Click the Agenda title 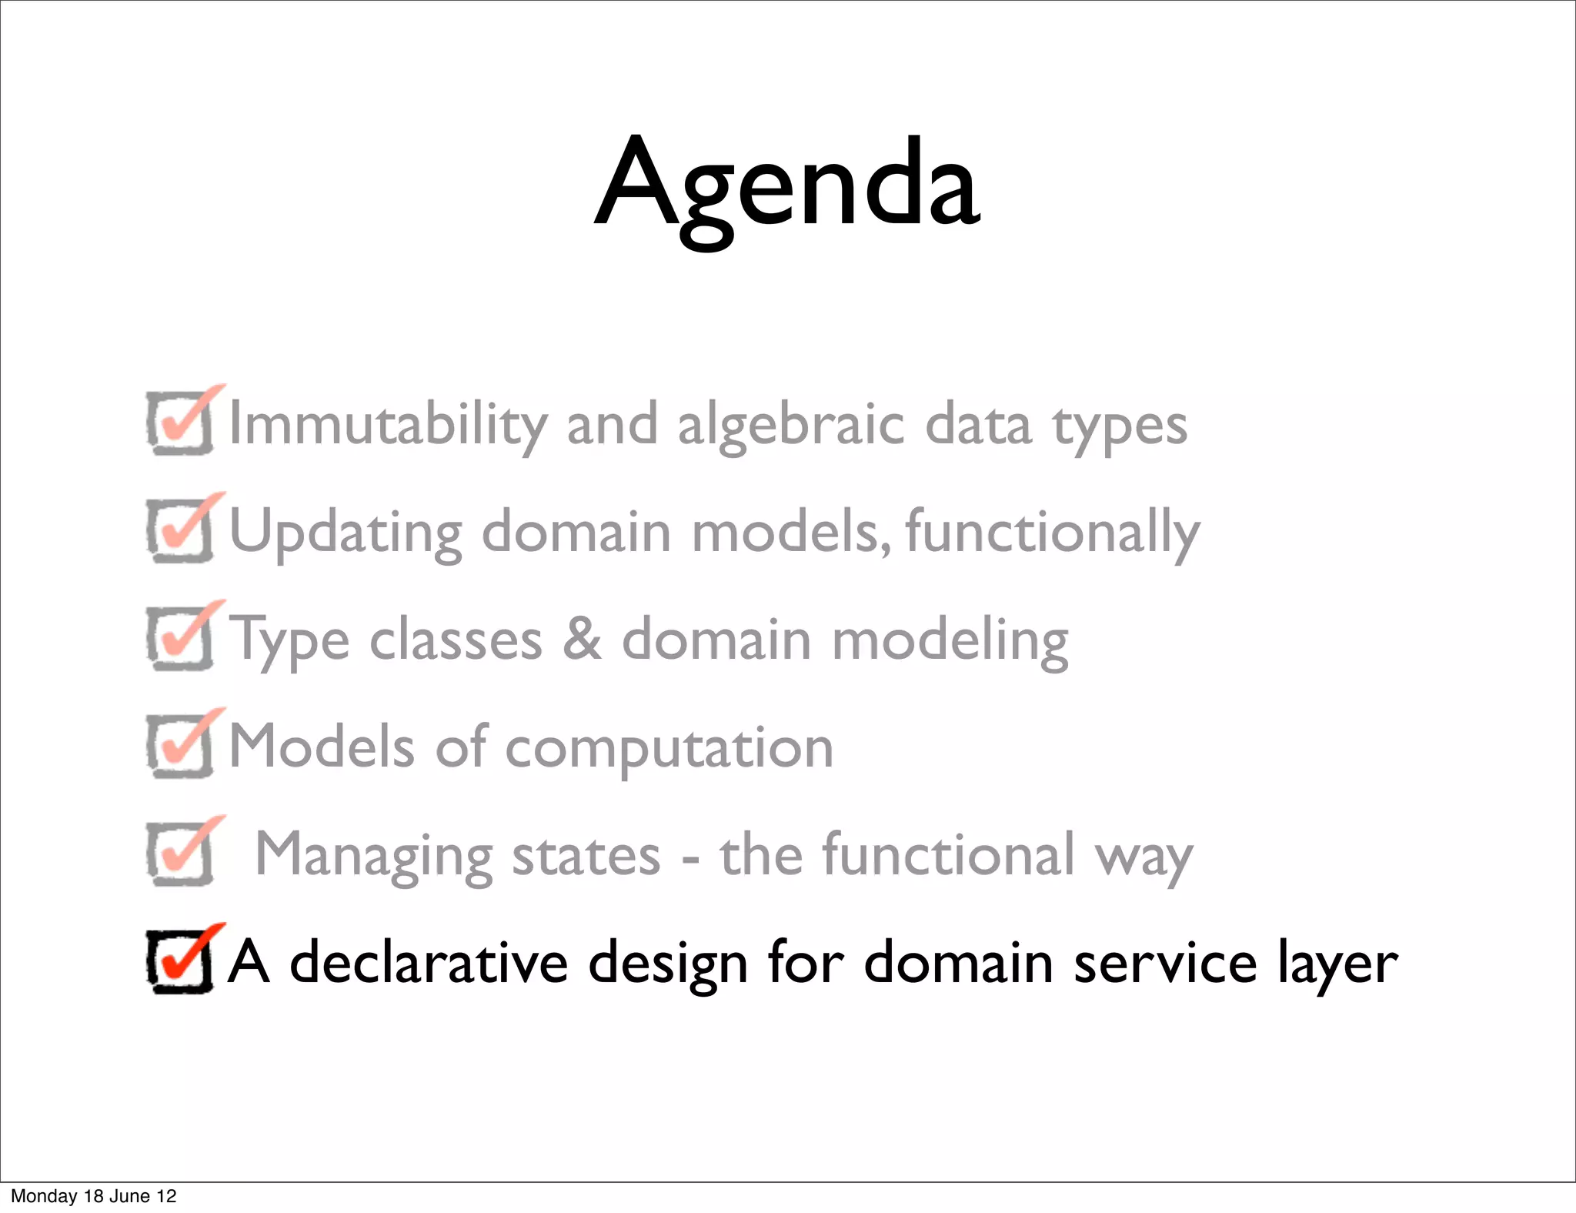[787, 185]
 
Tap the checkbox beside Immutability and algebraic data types [180, 423]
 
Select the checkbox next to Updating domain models [180, 530]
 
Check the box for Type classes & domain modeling [180, 638]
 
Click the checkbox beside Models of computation [180, 746]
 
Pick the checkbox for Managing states [180, 854]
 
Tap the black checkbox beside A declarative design [180, 961]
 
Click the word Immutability [389, 424]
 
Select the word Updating [346, 532]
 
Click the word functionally [1052, 532]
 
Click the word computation [669, 749]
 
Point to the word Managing [373, 856]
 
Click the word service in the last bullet [1166, 964]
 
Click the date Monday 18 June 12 [93, 1196]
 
